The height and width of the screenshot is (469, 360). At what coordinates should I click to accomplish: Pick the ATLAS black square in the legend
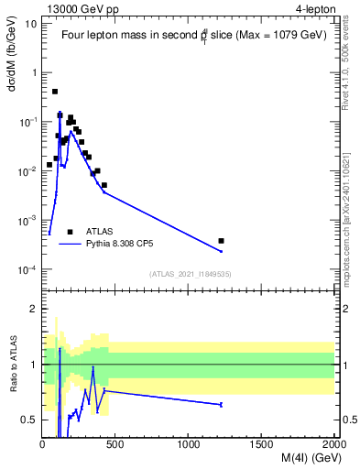click(71, 232)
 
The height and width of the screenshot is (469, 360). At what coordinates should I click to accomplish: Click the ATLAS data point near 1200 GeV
click(221, 241)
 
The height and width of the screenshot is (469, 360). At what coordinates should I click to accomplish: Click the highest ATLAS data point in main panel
click(55, 92)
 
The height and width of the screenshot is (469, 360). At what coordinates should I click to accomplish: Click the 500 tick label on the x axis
click(115, 445)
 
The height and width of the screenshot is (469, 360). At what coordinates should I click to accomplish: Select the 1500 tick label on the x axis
click(262, 445)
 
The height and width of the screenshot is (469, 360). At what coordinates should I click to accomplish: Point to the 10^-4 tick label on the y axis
click(27, 270)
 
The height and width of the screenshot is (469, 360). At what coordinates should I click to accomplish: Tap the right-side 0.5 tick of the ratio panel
click(348, 420)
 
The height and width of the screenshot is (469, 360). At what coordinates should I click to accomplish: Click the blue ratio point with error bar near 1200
click(221, 404)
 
